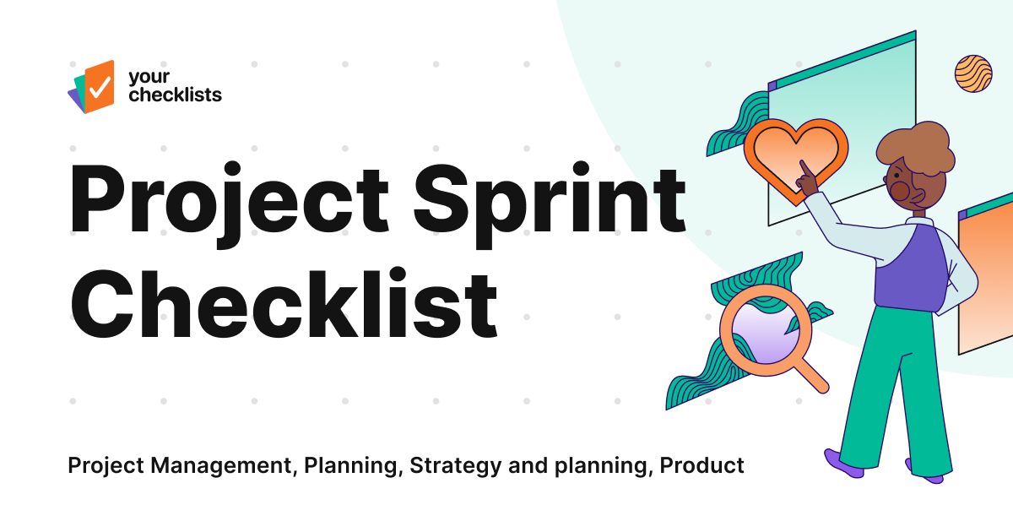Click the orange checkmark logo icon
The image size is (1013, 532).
tap(98, 85)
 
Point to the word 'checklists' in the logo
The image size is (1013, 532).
tap(175, 95)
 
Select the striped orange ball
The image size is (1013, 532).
tap(972, 73)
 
